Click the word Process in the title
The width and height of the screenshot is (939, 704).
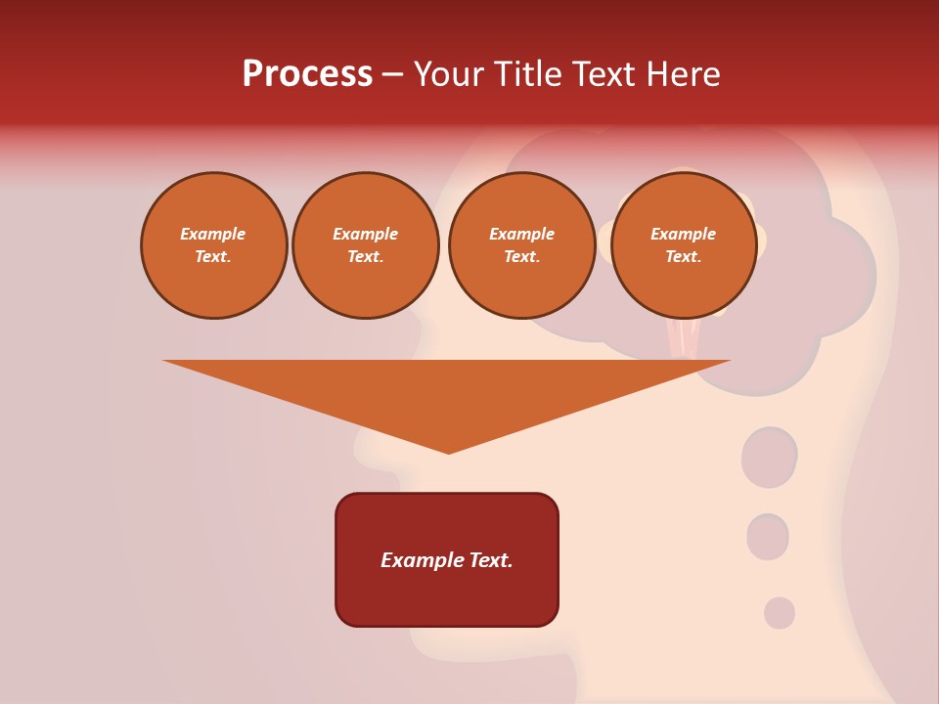307,74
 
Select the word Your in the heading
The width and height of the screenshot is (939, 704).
450,74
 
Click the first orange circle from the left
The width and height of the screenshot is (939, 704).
213,244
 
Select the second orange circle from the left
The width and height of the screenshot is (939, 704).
366,244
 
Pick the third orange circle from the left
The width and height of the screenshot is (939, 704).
521,244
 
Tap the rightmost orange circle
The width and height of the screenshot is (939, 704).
683,244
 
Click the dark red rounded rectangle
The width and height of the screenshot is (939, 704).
447,559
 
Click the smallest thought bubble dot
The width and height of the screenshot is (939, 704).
779,613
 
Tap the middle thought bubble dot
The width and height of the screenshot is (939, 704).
768,537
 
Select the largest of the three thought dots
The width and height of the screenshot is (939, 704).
769,457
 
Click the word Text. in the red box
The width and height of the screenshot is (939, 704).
489,560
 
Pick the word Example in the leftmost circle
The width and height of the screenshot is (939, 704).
213,234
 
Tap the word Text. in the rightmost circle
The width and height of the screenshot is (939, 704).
683,256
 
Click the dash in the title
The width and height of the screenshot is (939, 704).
392,75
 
